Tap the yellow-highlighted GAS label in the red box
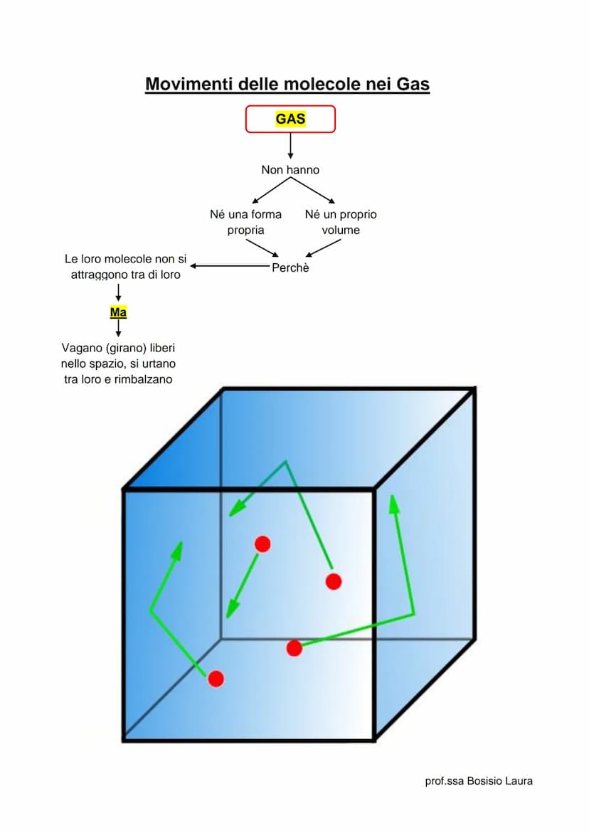(x=290, y=119)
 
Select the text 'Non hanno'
(x=290, y=170)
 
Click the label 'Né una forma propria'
(x=245, y=222)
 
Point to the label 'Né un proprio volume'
(x=341, y=222)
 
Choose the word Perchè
(x=290, y=268)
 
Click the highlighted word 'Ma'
(x=118, y=312)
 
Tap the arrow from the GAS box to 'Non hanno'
(x=290, y=146)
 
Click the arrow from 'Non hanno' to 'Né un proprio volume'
(x=313, y=190)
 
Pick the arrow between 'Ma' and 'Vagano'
(x=118, y=327)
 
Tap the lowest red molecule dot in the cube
(x=216, y=679)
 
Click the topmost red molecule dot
(x=262, y=544)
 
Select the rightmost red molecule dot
(x=334, y=581)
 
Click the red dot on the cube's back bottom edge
(x=294, y=648)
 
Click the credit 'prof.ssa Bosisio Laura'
(x=478, y=781)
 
